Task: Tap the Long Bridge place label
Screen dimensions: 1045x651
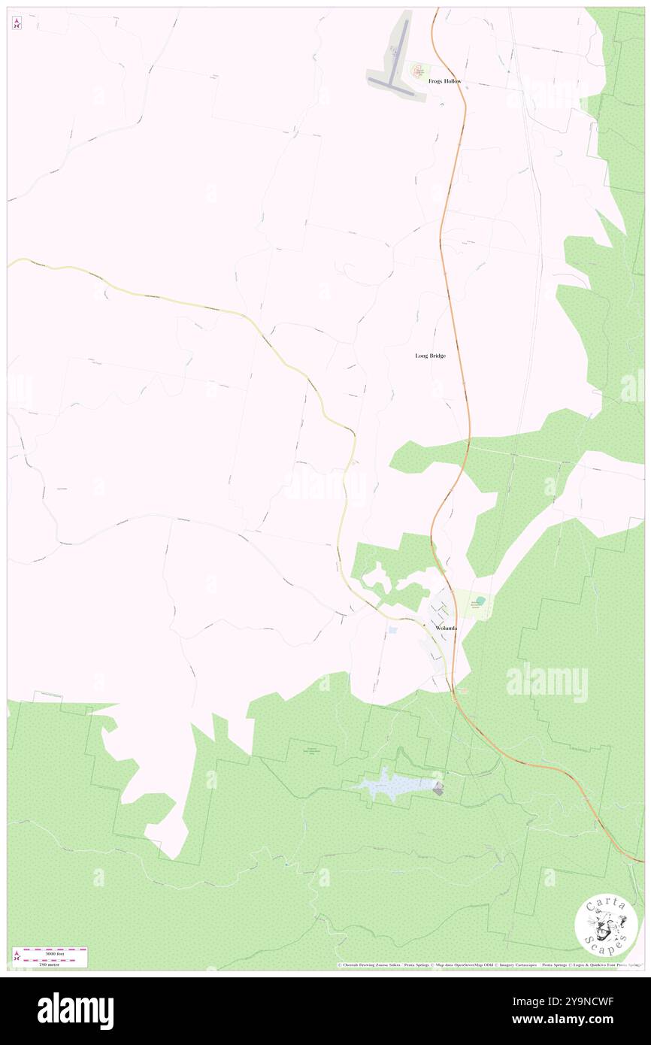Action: (x=430, y=356)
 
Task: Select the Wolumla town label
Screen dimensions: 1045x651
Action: (x=446, y=628)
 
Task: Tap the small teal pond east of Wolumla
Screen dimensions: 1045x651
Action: (x=480, y=600)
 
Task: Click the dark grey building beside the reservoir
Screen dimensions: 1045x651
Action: (x=438, y=788)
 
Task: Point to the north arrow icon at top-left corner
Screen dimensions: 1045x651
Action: (x=17, y=24)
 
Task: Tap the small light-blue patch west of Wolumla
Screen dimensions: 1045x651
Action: (x=392, y=629)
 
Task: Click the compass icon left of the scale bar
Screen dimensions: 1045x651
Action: (x=17, y=956)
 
